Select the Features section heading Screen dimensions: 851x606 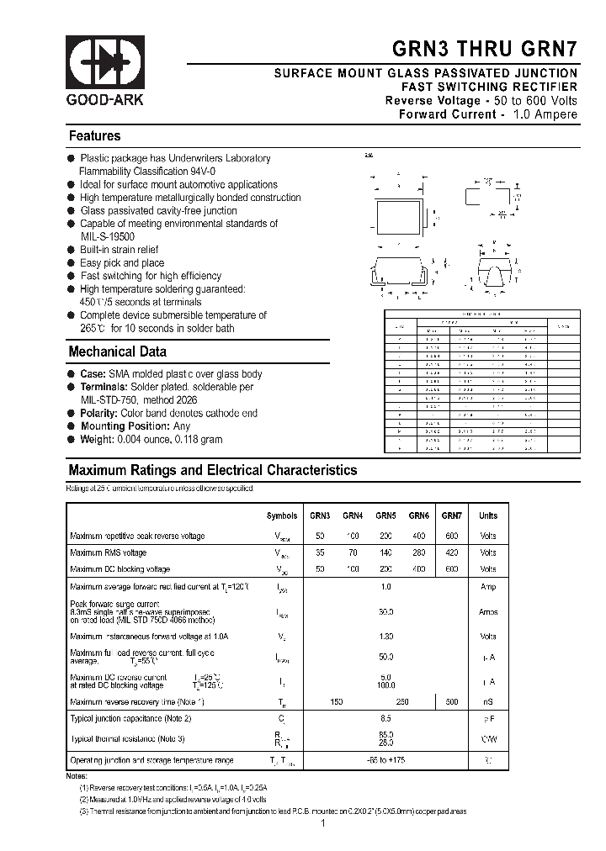click(94, 136)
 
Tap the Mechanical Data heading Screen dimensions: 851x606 click(117, 351)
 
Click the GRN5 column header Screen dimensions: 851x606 click(386, 515)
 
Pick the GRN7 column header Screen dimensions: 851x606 click(452, 515)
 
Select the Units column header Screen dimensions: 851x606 click(488, 515)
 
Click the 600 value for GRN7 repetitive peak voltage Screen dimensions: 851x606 click(452, 536)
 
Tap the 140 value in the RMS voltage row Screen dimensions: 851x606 click(386, 552)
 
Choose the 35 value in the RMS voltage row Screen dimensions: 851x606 click(319, 552)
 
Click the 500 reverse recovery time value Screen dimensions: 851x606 click(452, 701)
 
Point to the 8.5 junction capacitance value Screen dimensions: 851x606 click(386, 718)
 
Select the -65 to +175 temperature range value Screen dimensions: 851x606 click(386, 760)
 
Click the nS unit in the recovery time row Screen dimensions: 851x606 click(488, 701)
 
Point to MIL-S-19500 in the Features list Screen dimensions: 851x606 click(107, 236)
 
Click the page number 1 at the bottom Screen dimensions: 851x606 click(323, 825)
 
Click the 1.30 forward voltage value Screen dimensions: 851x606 click(386, 636)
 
